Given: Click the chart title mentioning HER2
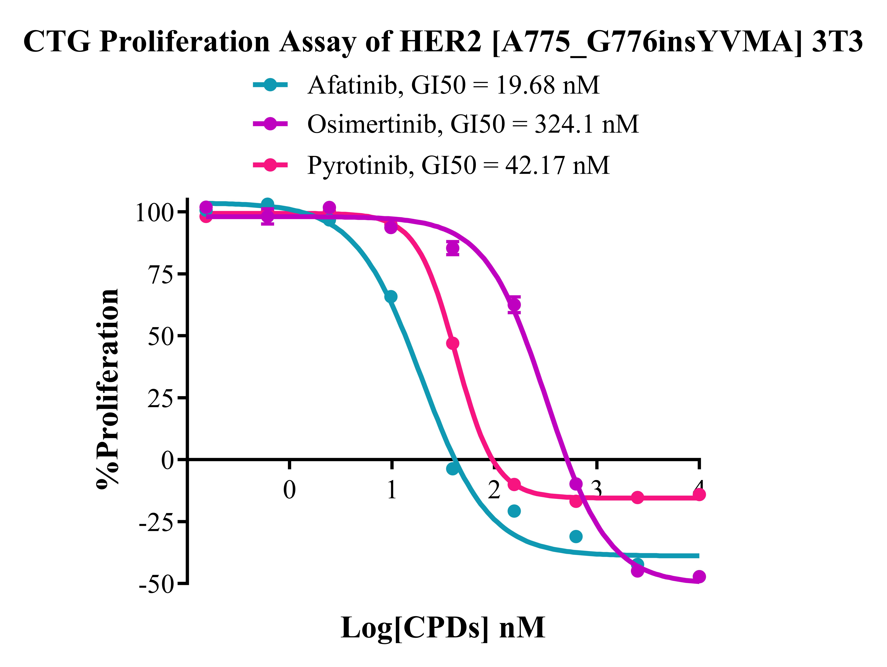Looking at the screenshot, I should (443, 42).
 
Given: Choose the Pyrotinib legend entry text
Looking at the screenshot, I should (458, 165).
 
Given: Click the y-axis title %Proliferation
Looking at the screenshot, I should (107, 388).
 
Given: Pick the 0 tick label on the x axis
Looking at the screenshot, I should (290, 490).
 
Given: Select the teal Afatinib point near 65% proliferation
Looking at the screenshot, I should (391, 297).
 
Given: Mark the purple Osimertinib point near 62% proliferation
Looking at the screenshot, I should (514, 305).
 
